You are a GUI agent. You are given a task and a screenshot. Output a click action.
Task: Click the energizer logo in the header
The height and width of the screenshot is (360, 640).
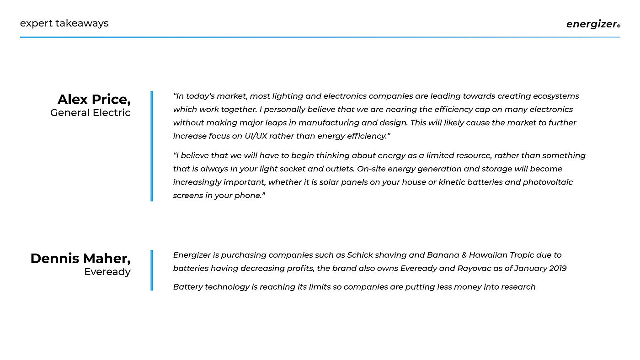(x=592, y=24)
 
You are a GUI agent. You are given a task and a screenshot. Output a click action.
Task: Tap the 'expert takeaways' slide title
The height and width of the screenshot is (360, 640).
(x=64, y=23)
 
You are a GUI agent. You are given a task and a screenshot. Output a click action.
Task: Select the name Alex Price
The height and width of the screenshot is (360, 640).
(x=94, y=99)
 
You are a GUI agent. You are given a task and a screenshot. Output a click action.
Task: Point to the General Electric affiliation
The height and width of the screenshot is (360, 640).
(x=91, y=112)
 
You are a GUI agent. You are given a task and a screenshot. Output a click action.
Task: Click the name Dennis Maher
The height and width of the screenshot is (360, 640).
(x=80, y=258)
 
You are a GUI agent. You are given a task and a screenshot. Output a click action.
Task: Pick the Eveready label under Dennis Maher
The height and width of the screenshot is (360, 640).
(x=107, y=272)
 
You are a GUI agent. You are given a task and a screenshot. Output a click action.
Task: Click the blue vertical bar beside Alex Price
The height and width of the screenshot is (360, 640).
(x=152, y=146)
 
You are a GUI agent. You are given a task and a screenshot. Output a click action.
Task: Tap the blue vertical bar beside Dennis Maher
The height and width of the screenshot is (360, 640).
(x=152, y=270)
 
